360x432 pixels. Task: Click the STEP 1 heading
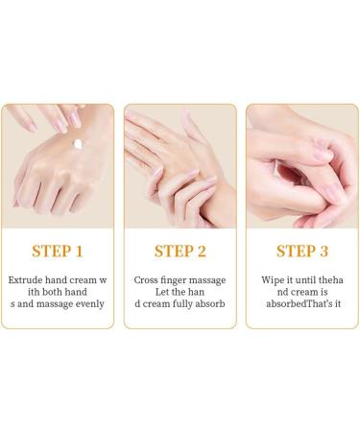pyautogui.click(x=58, y=252)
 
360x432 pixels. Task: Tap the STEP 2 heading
pyautogui.click(x=180, y=252)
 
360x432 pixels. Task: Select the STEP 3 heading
pyautogui.click(x=302, y=252)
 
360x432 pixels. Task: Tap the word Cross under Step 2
pyautogui.click(x=147, y=279)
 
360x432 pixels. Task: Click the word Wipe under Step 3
pyautogui.click(x=270, y=279)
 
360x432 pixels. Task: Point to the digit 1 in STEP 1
pyautogui.click(x=79, y=252)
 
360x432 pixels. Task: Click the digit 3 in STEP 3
pyautogui.click(x=324, y=252)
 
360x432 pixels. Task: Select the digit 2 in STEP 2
pyautogui.click(x=202, y=252)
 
